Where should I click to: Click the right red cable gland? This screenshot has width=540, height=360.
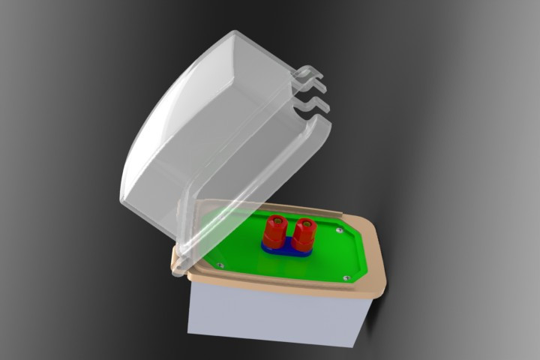(x=304, y=235)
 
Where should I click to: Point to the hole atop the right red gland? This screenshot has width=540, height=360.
(x=305, y=223)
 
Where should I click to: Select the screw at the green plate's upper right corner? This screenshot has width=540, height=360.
(x=341, y=231)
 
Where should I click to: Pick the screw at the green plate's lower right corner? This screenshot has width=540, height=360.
(x=346, y=277)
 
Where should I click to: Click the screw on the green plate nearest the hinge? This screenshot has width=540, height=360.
(x=220, y=264)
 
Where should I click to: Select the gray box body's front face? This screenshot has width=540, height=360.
(x=270, y=315)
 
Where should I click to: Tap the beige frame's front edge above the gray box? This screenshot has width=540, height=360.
(x=277, y=288)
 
